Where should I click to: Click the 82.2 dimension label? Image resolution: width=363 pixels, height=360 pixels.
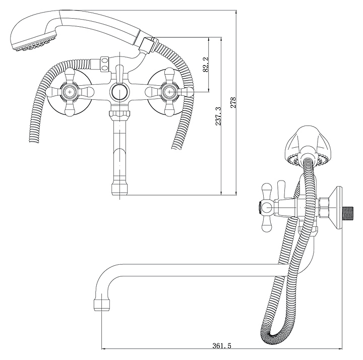pos(206,65)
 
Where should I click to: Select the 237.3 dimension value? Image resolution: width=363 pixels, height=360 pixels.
pos(218,116)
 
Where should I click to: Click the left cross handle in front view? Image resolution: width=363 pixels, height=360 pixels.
pos(69,92)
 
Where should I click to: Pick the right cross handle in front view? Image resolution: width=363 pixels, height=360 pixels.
pos(167,92)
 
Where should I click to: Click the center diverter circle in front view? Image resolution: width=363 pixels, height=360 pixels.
pos(118,92)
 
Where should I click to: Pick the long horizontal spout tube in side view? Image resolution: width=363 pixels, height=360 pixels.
pos(192,270)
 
